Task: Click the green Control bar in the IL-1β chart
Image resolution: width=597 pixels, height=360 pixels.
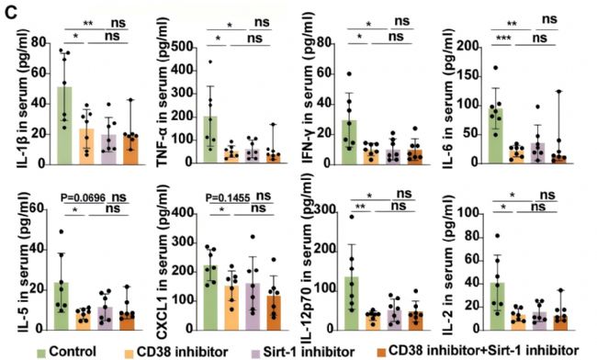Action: [x=64, y=126]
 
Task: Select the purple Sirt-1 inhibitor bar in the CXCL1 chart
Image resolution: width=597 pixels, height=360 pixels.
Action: [x=253, y=307]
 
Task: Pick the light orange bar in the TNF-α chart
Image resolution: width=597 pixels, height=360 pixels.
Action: [x=231, y=157]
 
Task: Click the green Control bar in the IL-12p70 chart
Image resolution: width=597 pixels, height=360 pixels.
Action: [x=352, y=303]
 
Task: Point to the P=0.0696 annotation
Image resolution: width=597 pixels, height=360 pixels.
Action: [x=83, y=197]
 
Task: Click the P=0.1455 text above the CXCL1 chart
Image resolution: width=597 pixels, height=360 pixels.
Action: [x=228, y=198]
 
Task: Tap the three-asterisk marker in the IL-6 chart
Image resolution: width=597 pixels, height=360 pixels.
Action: [x=503, y=39]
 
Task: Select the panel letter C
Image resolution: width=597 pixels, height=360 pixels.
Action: [x=11, y=13]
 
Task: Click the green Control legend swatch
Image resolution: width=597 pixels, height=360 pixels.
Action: [x=41, y=353]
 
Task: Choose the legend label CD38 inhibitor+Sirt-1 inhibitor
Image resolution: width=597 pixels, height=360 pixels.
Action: [x=483, y=351]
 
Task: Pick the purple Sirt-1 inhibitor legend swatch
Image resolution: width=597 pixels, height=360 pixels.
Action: [x=256, y=353]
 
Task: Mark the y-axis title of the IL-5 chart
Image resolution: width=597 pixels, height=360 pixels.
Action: [x=24, y=263]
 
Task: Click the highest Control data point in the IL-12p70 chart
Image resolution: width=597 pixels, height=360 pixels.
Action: [x=352, y=217]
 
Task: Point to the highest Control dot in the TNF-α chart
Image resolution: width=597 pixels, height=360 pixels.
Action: [x=210, y=62]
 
